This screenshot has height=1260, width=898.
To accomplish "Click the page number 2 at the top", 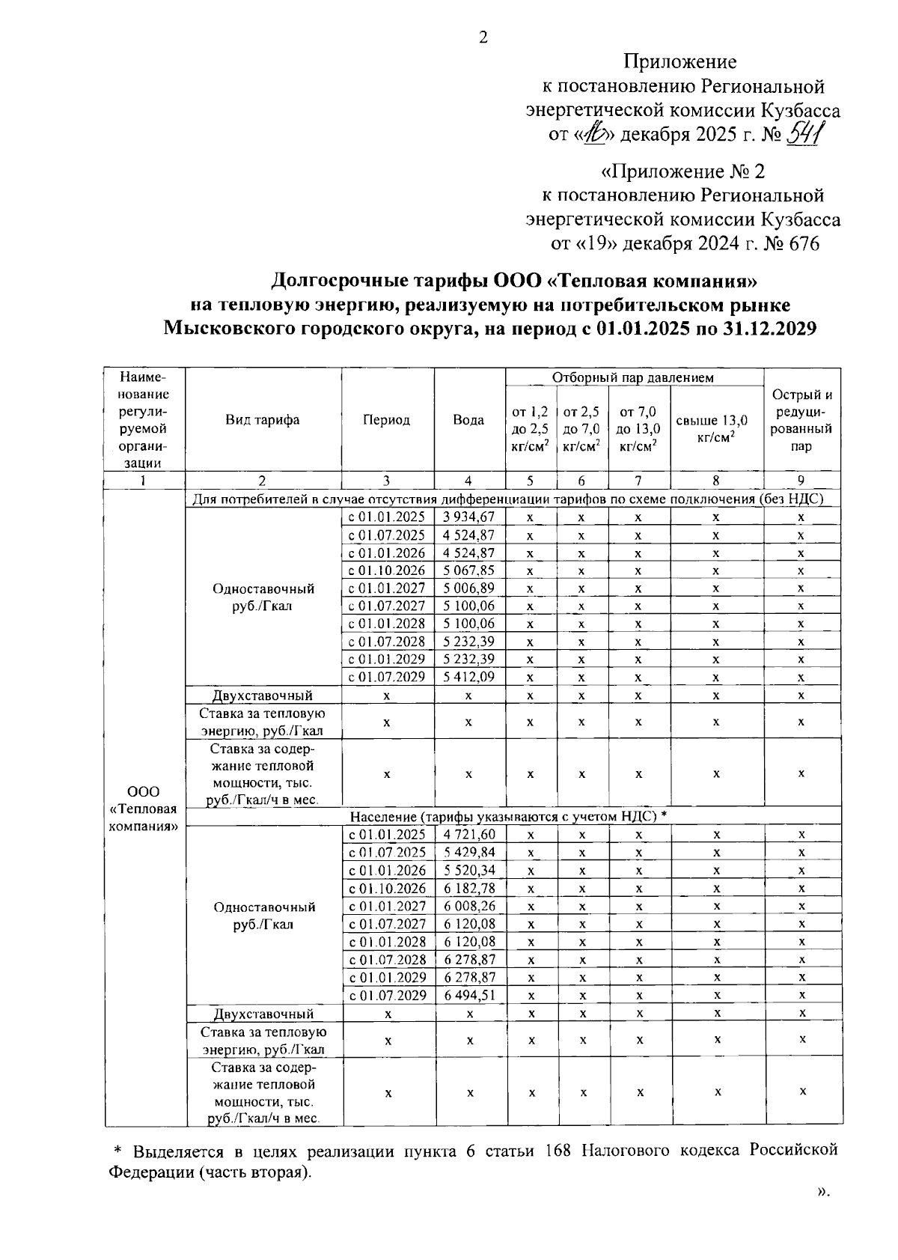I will click(x=483, y=37).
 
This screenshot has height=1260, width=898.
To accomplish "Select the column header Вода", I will click(x=468, y=420).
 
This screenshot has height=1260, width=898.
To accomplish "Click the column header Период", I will click(x=387, y=420).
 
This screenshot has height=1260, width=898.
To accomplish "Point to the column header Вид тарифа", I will click(x=263, y=420).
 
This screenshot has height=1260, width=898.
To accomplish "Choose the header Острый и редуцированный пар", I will click(x=801, y=420).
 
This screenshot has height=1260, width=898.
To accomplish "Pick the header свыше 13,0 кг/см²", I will click(x=715, y=428).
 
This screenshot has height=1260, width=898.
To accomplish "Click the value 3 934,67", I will click(x=468, y=517).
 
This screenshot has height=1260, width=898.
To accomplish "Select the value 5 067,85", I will click(x=468, y=570).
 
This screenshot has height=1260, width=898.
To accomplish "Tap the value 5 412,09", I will click(x=468, y=677).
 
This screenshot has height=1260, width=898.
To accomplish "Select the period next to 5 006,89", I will click(x=387, y=588).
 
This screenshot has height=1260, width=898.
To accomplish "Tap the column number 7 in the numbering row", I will click(x=638, y=481).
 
